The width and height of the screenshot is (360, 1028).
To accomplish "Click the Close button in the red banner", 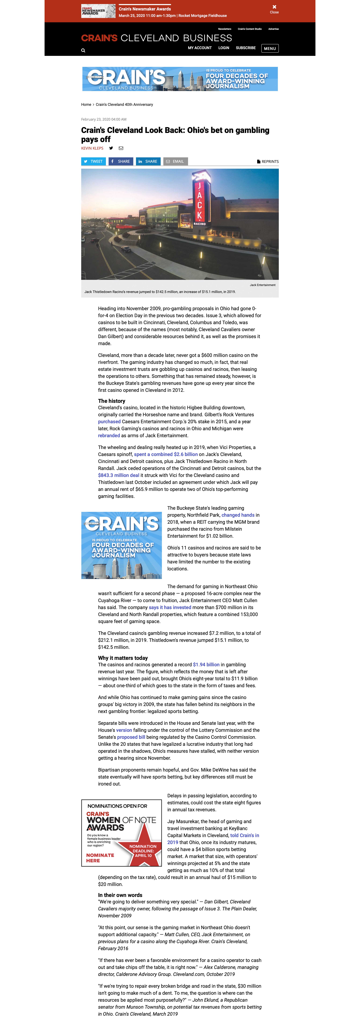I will tap(274, 9).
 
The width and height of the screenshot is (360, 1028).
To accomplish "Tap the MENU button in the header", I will tap(270, 48).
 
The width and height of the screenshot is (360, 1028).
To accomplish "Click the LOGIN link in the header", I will tap(223, 48).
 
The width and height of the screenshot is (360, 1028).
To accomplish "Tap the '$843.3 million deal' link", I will tap(119, 475).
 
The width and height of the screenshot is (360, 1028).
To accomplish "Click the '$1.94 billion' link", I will tap(206, 665).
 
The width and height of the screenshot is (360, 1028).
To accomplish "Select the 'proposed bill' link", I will tap(131, 737).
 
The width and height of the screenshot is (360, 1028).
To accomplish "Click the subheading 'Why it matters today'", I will tap(123, 658).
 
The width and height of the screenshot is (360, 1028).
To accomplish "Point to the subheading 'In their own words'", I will tap(120, 895).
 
